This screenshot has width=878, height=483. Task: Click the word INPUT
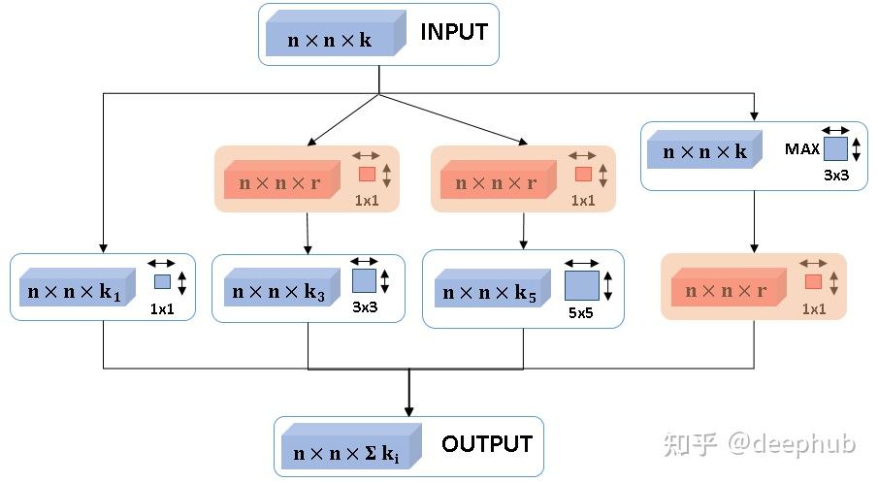pyautogui.click(x=453, y=32)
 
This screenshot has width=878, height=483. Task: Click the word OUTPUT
pyautogui.click(x=487, y=444)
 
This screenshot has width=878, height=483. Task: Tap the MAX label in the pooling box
pyautogui.click(x=802, y=149)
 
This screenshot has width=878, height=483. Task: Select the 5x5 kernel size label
pyautogui.click(x=579, y=313)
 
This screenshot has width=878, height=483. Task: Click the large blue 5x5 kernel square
pyautogui.click(x=581, y=286)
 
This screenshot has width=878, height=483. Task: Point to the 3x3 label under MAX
pyautogui.click(x=836, y=176)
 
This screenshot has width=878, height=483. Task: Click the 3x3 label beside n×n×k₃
pyautogui.click(x=365, y=307)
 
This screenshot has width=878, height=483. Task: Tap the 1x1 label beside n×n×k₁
pyautogui.click(x=162, y=309)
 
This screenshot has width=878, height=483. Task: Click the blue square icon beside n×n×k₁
pyautogui.click(x=162, y=282)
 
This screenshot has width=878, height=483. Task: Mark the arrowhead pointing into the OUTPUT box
pyautogui.click(x=408, y=411)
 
